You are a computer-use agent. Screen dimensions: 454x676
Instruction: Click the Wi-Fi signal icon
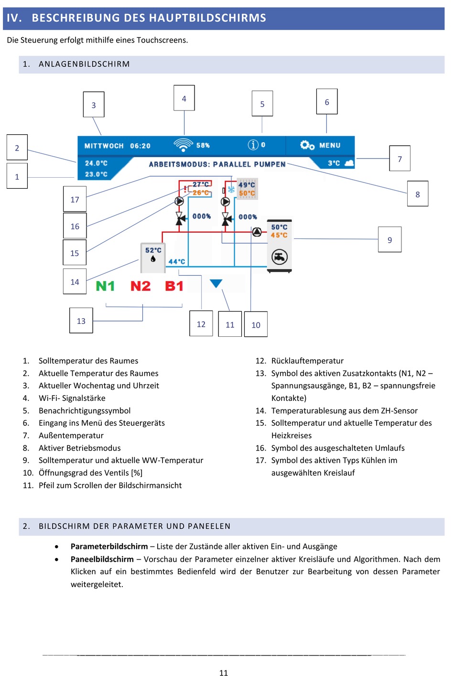click(x=183, y=145)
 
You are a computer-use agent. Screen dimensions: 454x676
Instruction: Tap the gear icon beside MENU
click(x=307, y=145)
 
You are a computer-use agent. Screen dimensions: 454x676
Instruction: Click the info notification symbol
click(x=253, y=145)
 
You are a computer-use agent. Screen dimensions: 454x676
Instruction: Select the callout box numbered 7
click(x=400, y=159)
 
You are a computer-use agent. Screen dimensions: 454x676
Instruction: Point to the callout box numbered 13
click(x=81, y=321)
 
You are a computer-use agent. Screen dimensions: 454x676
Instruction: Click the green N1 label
click(x=105, y=286)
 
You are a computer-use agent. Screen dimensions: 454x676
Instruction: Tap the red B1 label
click(x=174, y=286)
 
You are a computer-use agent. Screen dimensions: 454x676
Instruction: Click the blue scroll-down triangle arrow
click(x=216, y=283)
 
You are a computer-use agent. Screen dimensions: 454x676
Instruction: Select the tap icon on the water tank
click(x=280, y=257)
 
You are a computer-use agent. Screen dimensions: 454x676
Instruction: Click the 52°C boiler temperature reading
click(x=153, y=250)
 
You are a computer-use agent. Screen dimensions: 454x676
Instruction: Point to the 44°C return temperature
click(x=177, y=262)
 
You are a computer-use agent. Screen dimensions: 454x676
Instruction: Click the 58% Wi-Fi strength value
click(x=203, y=145)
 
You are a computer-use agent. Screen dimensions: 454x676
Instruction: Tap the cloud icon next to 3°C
click(x=349, y=163)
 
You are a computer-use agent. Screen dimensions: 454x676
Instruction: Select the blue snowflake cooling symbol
click(x=231, y=190)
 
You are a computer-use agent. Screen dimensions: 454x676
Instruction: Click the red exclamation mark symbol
click(x=185, y=189)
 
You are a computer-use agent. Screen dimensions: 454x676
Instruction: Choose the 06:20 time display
click(x=141, y=146)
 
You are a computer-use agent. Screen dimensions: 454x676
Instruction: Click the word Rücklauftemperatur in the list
click(x=307, y=361)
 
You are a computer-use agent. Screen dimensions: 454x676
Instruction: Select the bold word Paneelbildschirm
click(x=102, y=559)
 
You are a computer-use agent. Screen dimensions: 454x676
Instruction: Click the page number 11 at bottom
click(x=223, y=673)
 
